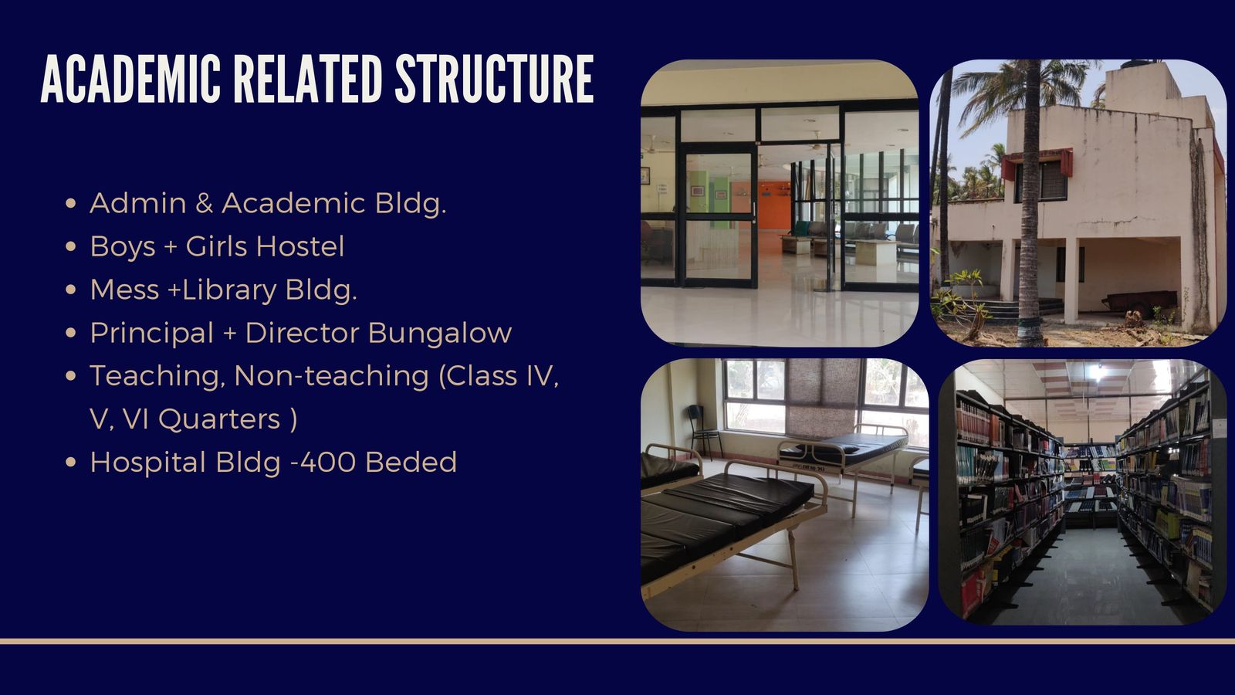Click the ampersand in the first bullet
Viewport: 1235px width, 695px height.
204,203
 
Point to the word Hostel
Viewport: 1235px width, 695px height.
300,246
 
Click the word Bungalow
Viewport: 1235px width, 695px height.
440,333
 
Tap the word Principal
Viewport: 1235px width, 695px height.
151,333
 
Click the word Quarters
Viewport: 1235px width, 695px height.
219,419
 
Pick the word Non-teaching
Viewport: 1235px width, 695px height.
331,376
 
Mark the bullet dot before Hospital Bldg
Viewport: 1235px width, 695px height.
70,463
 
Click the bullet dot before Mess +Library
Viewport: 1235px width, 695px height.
70,290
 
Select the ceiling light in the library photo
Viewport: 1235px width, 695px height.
1095,373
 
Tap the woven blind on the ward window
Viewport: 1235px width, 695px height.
821,397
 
